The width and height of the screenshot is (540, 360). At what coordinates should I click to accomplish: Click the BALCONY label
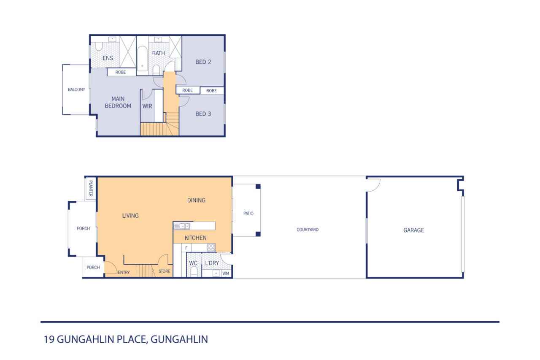[x=76, y=89]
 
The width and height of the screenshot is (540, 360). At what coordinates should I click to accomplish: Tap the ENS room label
[x=108, y=58]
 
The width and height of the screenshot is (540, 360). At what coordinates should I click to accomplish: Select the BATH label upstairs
[x=158, y=53]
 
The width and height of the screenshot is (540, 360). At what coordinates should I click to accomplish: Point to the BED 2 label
[x=203, y=62]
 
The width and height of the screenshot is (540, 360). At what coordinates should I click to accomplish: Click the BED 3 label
[x=203, y=114]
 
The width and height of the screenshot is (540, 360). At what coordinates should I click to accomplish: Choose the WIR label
[x=147, y=106]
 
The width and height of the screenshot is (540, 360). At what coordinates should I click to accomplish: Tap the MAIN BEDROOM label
[x=118, y=102]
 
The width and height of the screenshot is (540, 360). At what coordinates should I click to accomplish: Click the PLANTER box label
[x=91, y=188]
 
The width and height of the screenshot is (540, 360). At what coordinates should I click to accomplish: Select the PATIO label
[x=248, y=214]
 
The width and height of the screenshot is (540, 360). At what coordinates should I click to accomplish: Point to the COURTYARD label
[x=308, y=230]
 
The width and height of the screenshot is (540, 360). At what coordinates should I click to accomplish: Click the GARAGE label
[x=414, y=230]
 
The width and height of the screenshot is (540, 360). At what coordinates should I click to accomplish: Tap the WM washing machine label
[x=226, y=273]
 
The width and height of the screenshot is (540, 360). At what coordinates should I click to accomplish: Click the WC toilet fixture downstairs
[x=194, y=272]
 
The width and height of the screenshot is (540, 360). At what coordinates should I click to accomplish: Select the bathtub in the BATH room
[x=142, y=59]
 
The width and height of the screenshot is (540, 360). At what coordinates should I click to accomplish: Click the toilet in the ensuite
[x=98, y=46]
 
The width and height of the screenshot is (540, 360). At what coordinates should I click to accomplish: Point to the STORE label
[x=164, y=271]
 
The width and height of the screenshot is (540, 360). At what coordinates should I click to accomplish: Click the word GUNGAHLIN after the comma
[x=179, y=339]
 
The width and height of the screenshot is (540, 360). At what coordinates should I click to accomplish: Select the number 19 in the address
[x=49, y=339]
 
